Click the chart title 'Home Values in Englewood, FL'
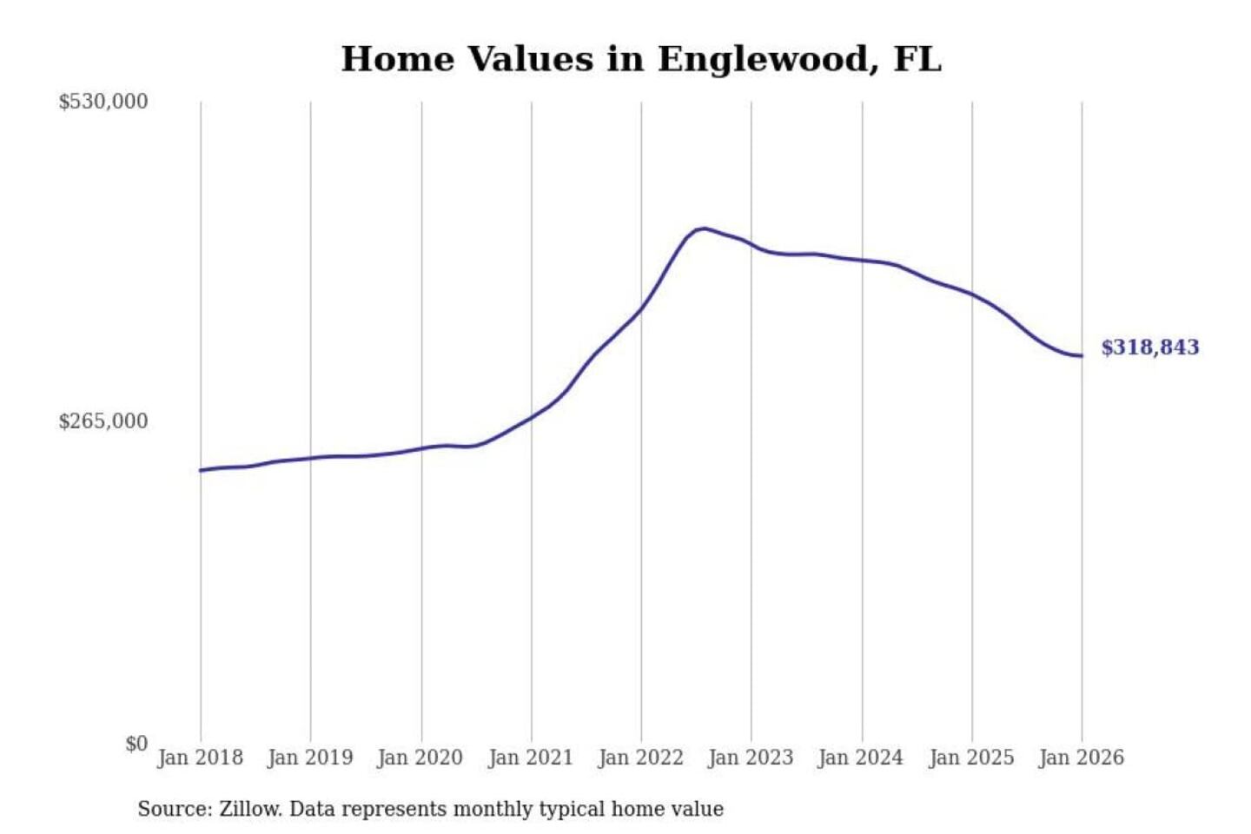click(x=641, y=59)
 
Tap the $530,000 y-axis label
click(x=103, y=102)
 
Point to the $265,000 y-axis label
click(x=103, y=421)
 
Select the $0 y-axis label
click(x=136, y=744)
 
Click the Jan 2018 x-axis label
click(x=201, y=758)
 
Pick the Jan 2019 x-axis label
click(x=310, y=758)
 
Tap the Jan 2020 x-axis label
click(x=420, y=758)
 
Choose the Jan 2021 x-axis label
click(x=531, y=758)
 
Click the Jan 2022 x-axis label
click(x=641, y=758)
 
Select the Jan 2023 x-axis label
click(x=751, y=758)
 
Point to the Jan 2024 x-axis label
click(x=861, y=758)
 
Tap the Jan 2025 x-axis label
click(x=971, y=758)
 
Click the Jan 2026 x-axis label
click(x=1082, y=758)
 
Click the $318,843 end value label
click(x=1150, y=347)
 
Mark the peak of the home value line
click(x=704, y=228)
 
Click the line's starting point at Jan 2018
click(x=201, y=470)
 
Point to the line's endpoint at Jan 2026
click(x=1082, y=355)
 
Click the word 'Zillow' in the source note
click(x=250, y=809)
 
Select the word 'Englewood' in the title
click(x=763, y=59)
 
